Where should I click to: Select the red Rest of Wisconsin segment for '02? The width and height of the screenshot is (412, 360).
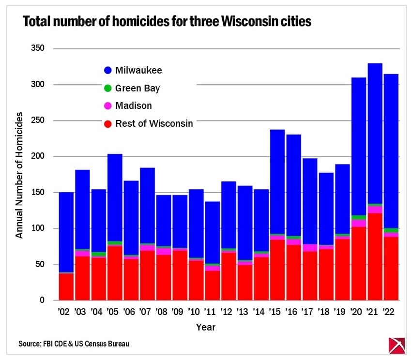[x=66, y=287]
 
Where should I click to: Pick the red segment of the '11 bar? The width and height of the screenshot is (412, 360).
[x=212, y=285]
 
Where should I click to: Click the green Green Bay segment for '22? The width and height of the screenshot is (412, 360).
[x=391, y=230]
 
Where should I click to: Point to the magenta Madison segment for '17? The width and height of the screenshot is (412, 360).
[x=310, y=248]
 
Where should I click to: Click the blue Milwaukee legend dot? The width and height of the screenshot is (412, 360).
[x=107, y=70]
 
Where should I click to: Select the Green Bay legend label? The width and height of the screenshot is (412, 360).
[x=137, y=88]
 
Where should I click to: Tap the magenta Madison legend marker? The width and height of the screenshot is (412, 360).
[x=107, y=105]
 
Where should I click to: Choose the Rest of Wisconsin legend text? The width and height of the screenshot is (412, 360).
[x=154, y=123]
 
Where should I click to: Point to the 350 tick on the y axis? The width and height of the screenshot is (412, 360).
[x=37, y=48]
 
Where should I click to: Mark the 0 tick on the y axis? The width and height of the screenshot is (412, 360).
[x=42, y=300]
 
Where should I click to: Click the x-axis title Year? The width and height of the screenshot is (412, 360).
[x=206, y=327]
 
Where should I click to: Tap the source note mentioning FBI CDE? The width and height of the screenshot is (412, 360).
[x=74, y=344]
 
